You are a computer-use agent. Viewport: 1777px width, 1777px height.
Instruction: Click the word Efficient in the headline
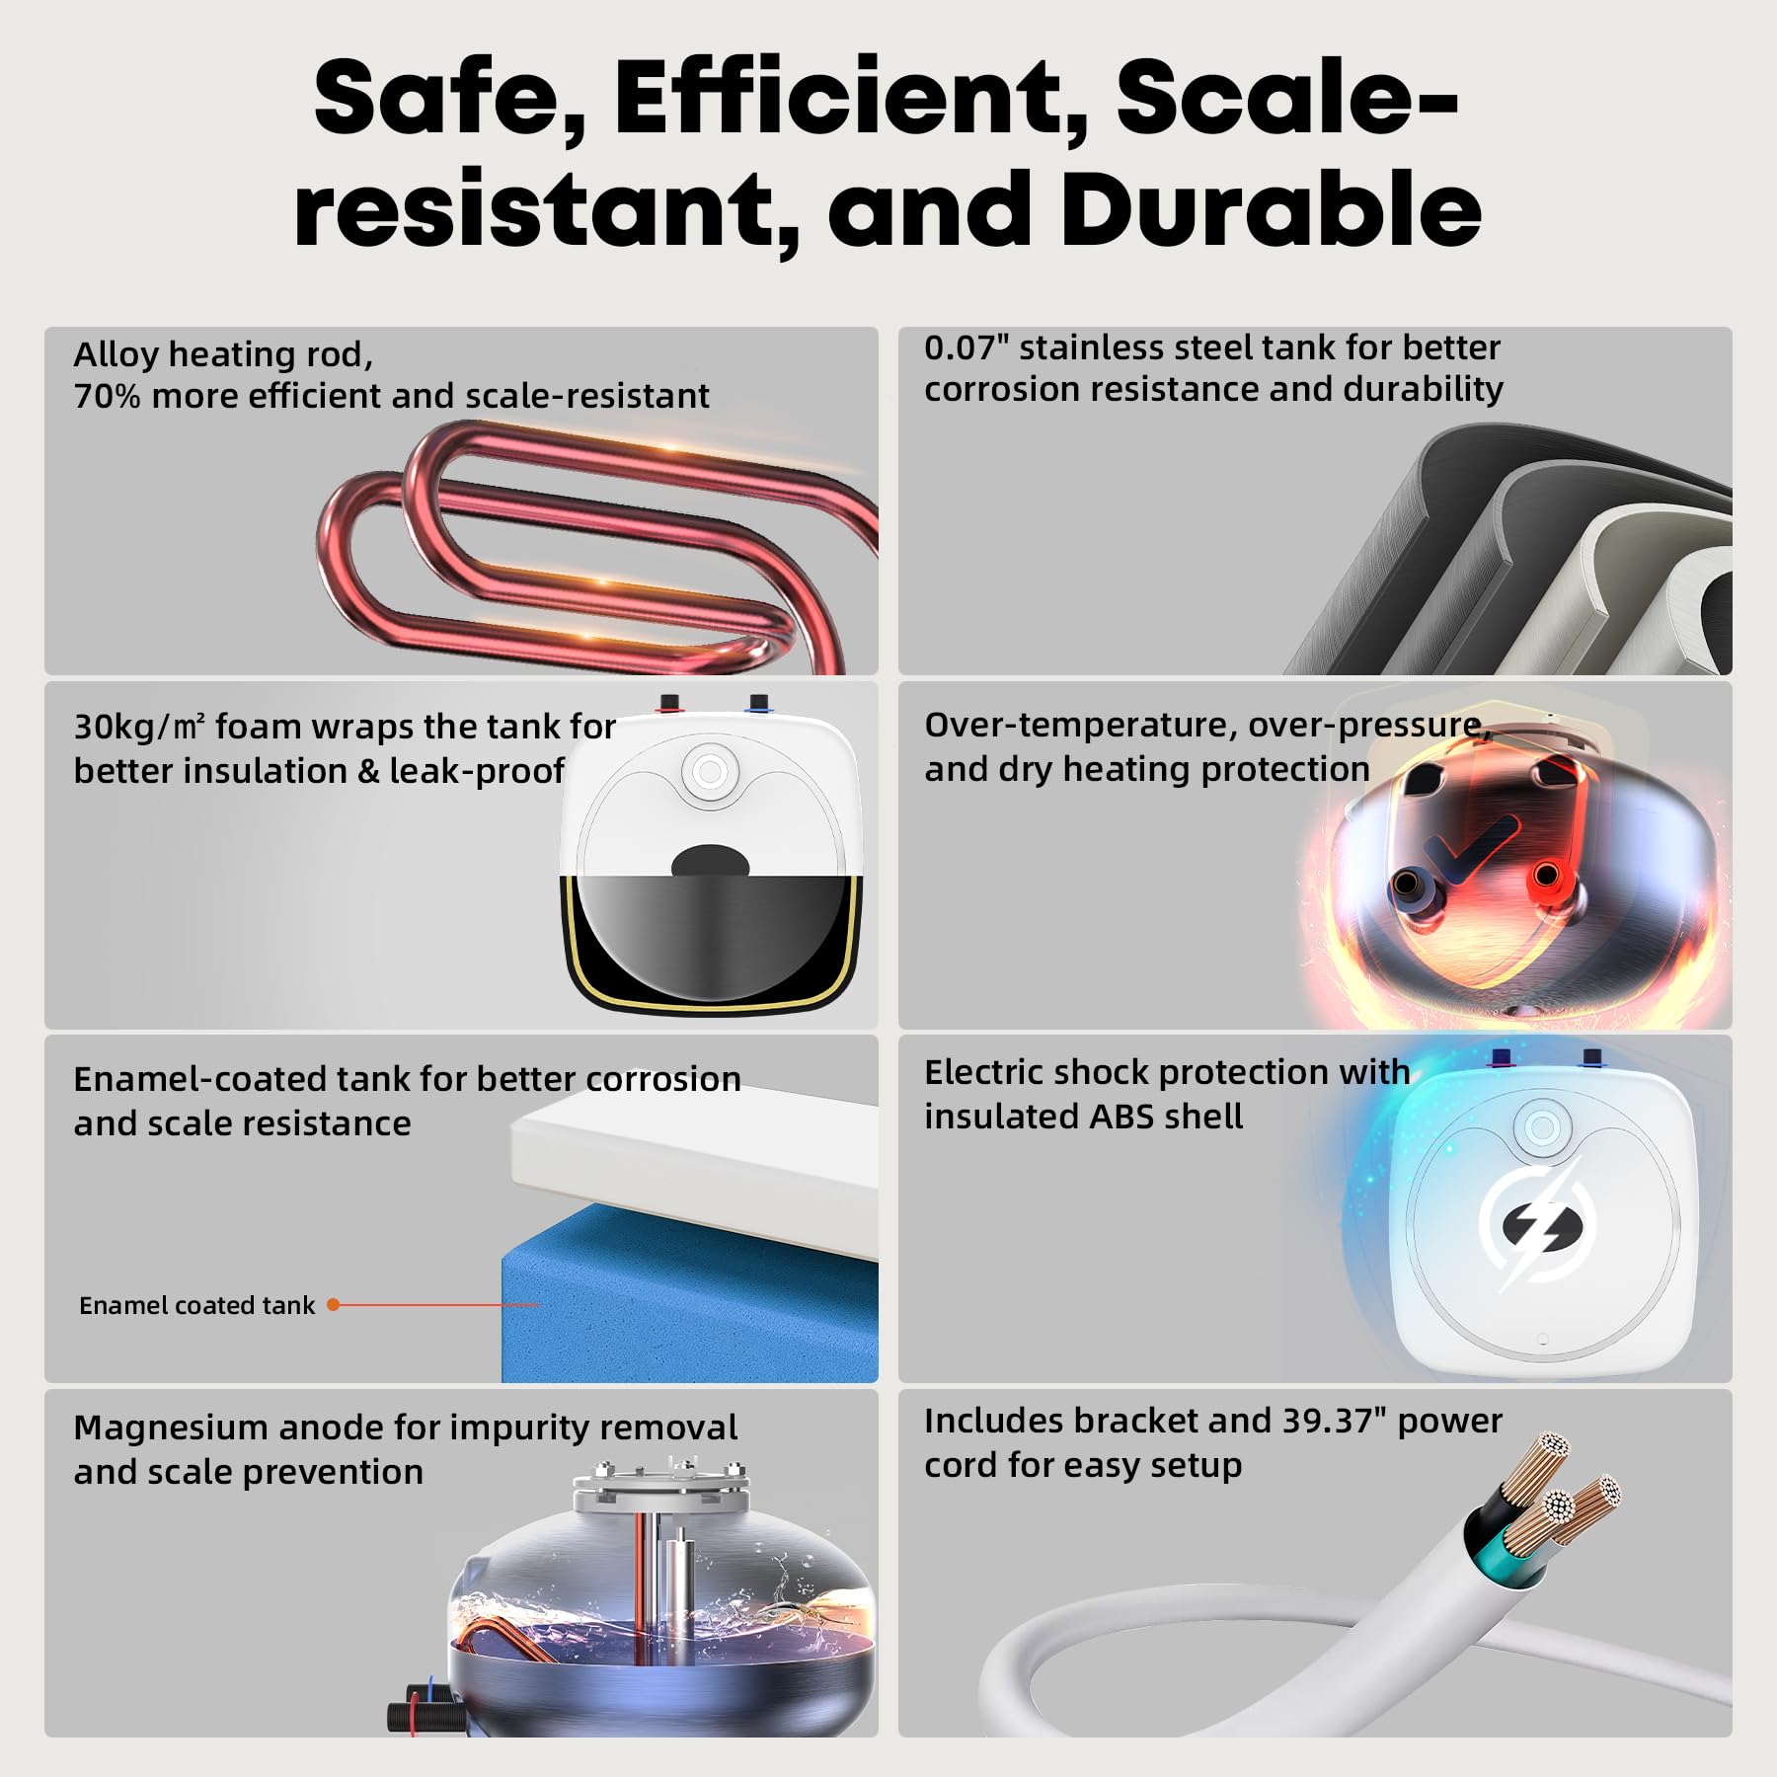pos(851,99)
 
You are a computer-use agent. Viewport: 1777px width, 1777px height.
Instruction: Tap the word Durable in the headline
pos(1271,209)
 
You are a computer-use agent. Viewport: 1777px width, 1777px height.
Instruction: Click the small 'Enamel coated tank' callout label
pos(196,1305)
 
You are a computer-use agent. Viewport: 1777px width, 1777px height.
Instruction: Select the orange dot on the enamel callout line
pos(334,1305)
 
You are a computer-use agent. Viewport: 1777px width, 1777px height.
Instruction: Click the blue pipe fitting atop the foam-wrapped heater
pos(758,702)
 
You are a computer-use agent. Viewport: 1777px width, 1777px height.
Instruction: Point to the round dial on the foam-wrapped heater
pos(709,771)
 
